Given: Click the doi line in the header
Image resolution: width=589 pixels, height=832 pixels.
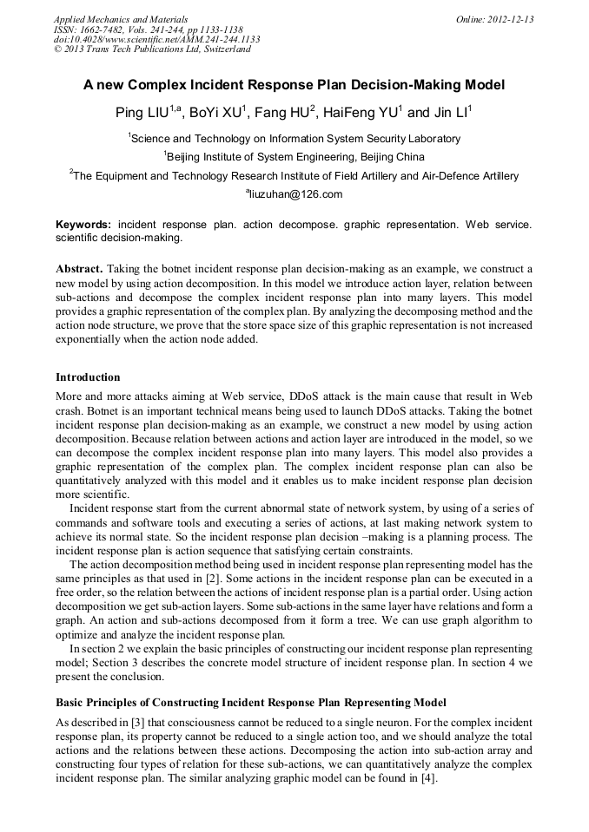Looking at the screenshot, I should click(x=156, y=39).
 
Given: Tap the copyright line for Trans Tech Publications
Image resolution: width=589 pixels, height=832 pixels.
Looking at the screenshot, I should click(x=152, y=49).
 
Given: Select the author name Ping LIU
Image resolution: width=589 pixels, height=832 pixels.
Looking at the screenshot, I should click(x=142, y=113).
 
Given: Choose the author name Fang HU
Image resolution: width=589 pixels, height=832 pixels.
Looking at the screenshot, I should click(x=285, y=113).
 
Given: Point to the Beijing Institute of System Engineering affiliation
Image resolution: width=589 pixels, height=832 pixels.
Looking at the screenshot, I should click(x=294, y=157).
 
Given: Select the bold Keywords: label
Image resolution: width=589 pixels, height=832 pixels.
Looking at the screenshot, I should click(x=83, y=224).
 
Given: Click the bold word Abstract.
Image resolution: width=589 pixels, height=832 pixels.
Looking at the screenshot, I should click(x=79, y=269).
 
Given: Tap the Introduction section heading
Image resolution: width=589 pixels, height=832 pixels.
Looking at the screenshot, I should click(x=88, y=377).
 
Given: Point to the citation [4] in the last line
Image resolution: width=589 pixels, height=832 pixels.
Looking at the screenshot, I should click(x=427, y=778).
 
